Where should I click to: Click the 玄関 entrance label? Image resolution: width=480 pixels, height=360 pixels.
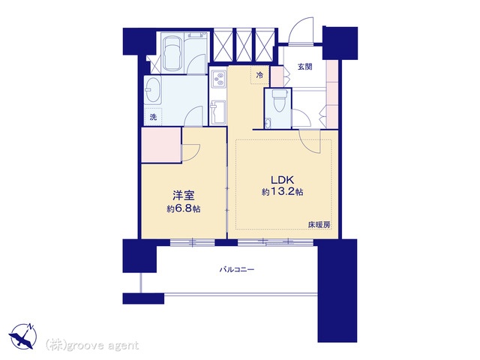click(x=305, y=67)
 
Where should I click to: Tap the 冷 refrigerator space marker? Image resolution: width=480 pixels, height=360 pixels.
click(x=259, y=75)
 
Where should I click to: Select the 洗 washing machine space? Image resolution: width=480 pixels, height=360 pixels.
click(x=153, y=117)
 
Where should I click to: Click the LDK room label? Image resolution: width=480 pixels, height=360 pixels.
click(x=282, y=180)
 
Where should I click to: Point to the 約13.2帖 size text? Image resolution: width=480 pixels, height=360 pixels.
click(x=282, y=192)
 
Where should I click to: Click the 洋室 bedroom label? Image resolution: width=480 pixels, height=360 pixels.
click(x=184, y=196)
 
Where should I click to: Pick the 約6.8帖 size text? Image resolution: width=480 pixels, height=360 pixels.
click(x=184, y=208)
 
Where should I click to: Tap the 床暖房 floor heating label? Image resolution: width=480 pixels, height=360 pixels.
click(x=319, y=225)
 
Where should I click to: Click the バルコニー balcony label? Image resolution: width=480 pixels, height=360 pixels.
click(x=237, y=270)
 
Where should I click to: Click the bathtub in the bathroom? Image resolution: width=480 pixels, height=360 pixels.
click(x=172, y=54)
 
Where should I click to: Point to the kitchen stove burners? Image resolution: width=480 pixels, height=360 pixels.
click(x=218, y=79)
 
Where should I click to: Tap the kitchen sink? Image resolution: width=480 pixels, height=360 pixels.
click(x=218, y=112)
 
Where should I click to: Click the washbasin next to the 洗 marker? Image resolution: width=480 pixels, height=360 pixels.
click(x=153, y=91)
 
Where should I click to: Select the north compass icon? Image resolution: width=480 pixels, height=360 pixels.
click(x=23, y=336)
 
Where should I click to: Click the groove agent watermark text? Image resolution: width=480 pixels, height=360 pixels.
click(x=92, y=345)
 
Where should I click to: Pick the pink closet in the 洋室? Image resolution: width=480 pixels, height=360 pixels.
click(x=161, y=145)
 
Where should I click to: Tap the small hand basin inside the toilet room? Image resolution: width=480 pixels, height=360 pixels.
click(x=268, y=123)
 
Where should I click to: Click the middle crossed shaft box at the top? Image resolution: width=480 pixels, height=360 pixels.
click(x=244, y=45)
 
